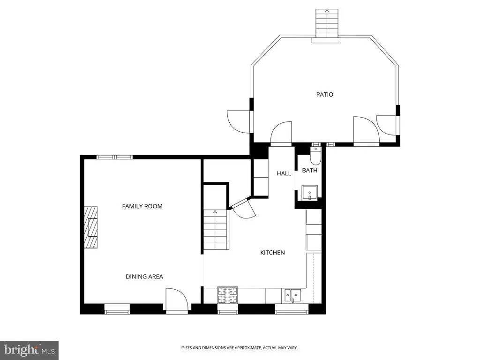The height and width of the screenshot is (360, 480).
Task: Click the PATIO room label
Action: click(324, 95)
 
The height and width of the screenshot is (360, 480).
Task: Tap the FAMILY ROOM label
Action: click(142, 206)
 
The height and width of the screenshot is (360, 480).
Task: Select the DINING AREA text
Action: click(144, 277)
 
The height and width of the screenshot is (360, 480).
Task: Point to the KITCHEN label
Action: click(272, 253)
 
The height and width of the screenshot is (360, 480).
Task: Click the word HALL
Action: click(284, 173)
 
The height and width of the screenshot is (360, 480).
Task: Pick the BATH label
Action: click(309, 171)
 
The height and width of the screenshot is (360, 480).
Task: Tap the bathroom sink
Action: click(309, 193)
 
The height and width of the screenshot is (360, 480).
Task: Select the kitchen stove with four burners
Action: click(227, 295)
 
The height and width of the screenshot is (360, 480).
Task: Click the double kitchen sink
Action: click(292, 295)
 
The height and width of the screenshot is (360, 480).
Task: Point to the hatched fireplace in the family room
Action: click(91, 228)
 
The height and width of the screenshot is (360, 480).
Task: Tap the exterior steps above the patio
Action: click(327, 23)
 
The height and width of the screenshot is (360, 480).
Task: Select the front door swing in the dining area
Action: click(176, 300)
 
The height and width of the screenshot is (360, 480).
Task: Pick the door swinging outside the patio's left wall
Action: click(239, 121)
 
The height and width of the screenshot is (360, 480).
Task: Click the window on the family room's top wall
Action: click(115, 157)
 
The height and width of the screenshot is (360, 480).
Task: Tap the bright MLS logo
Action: click(29, 350)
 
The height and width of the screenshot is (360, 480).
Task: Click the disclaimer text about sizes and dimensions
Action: click(240, 348)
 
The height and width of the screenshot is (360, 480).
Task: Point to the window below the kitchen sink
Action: click(292, 311)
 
